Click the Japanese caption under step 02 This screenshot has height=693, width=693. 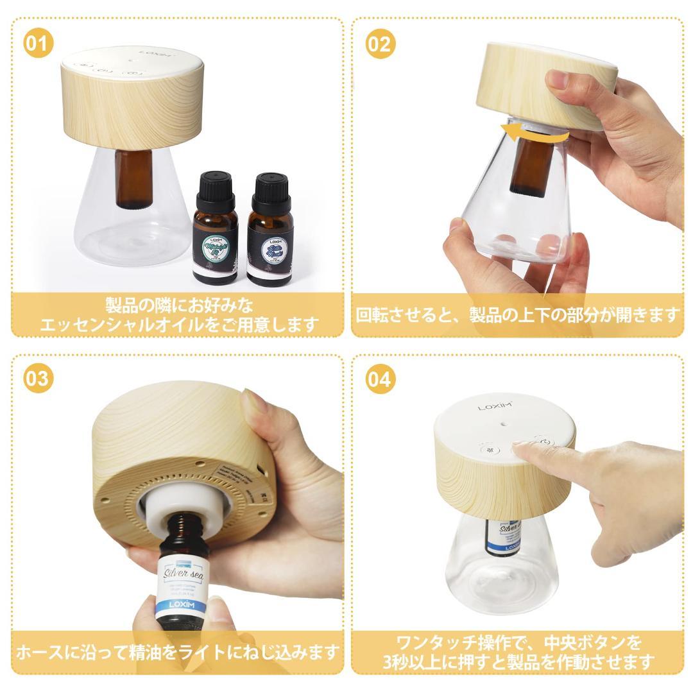click(517, 315)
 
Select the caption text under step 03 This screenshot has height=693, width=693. click(176, 653)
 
